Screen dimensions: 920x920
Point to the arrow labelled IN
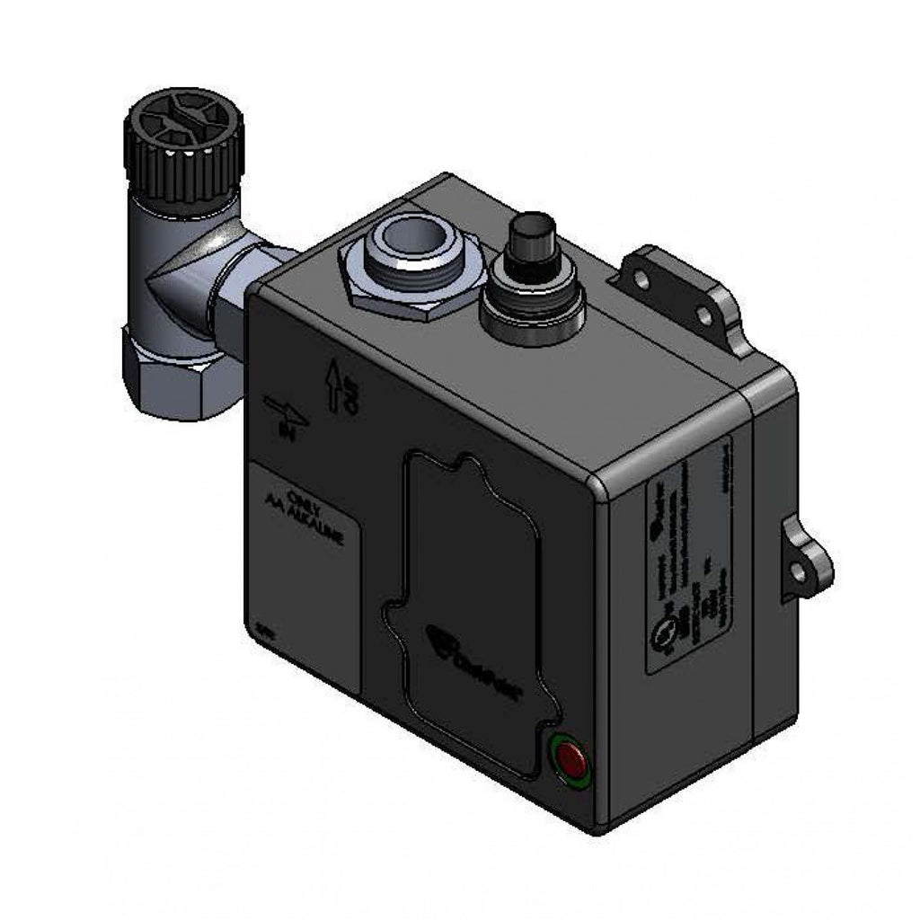coord(287,413)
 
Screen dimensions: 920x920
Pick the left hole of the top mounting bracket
coord(641,279)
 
